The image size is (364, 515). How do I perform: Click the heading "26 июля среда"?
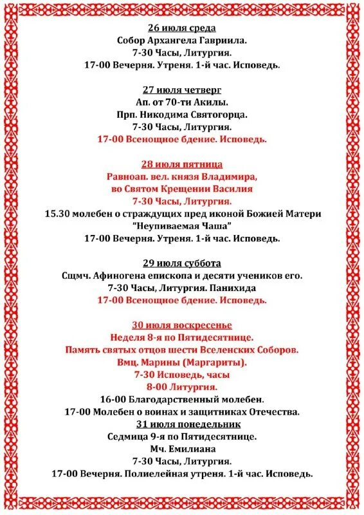(182, 28)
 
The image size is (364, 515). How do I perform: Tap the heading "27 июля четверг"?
(182, 89)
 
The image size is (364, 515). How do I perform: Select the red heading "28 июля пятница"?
(182, 164)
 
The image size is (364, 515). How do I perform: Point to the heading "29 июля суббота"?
(182, 263)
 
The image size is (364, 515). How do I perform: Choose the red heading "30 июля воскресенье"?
(182, 325)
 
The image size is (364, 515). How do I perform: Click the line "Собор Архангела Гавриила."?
(182, 41)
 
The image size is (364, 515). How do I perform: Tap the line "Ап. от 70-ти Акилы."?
(182, 102)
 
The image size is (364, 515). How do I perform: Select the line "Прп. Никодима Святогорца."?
(182, 115)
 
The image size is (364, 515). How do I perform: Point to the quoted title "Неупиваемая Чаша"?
(182, 226)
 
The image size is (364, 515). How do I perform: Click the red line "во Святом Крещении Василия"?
(182, 189)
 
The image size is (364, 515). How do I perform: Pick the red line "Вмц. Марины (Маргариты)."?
(182, 362)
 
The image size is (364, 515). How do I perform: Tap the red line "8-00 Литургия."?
(182, 387)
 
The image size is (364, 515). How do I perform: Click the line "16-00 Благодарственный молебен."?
(182, 399)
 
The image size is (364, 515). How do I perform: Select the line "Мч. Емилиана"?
(182, 449)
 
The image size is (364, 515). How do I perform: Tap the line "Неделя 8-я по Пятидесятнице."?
(182, 337)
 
